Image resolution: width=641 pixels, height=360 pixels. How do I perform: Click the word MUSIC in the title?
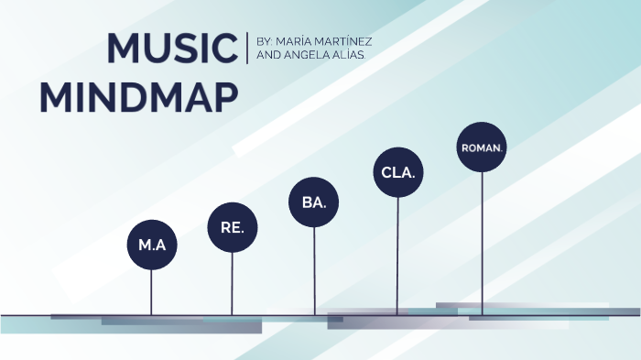click(172, 49)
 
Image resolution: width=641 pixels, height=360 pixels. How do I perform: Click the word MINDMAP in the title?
click(139, 97)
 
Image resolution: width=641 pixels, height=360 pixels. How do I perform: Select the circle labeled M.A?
click(151, 245)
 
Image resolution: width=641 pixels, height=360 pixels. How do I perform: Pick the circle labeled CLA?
click(397, 172)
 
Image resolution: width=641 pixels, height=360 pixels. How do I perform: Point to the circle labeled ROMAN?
click(482, 147)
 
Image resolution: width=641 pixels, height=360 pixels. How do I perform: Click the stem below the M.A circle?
click(151, 291)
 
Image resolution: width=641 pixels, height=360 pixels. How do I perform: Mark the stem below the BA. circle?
click(314, 270)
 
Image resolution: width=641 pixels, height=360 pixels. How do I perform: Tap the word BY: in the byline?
click(266, 42)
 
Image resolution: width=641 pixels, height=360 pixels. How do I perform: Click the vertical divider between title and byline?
click(247, 49)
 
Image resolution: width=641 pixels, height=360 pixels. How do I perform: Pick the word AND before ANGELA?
click(269, 56)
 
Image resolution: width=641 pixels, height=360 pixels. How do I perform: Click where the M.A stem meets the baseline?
click(151, 314)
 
